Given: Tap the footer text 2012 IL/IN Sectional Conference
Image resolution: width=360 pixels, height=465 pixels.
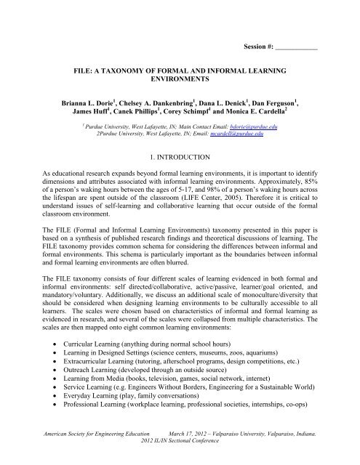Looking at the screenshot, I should (180, 461).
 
